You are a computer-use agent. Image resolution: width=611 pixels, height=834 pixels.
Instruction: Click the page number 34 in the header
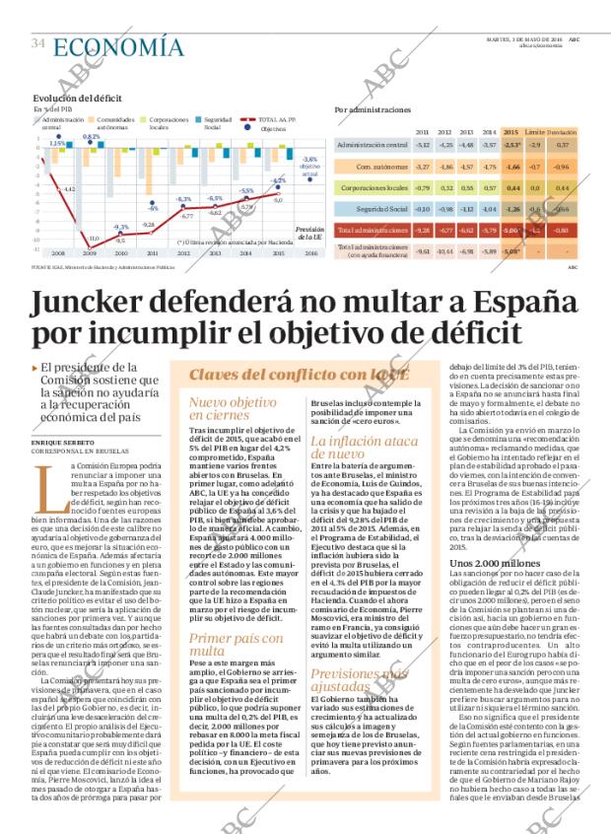pyautogui.click(x=38, y=44)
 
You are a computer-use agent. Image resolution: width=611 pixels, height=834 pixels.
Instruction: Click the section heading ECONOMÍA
pyautogui.click(x=117, y=46)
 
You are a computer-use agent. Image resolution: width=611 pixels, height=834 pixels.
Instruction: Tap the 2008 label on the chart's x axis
pyautogui.click(x=56, y=252)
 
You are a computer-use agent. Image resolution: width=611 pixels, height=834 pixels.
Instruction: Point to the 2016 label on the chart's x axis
pyautogui.click(x=311, y=252)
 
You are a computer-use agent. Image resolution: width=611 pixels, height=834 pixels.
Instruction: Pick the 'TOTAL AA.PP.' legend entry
pyautogui.click(x=285, y=118)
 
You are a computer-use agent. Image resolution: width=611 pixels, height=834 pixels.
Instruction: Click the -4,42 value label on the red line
pyautogui.click(x=69, y=187)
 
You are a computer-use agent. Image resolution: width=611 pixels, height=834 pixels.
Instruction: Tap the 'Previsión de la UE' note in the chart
pyautogui.click(x=308, y=233)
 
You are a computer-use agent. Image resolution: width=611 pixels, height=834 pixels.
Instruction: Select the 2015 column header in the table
pyautogui.click(x=510, y=131)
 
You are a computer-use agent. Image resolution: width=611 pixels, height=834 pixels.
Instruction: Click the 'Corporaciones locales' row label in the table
pyautogui.click(x=371, y=186)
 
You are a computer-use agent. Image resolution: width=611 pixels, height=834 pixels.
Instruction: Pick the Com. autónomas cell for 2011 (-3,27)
pyautogui.click(x=422, y=166)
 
